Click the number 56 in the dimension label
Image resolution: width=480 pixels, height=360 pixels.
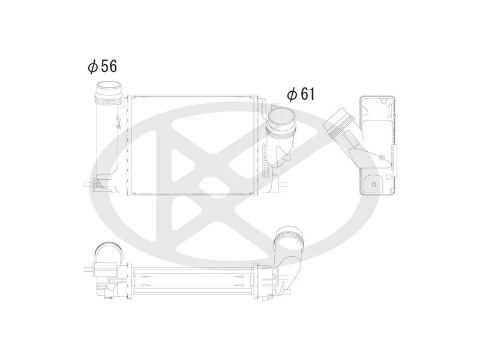tap(109, 67)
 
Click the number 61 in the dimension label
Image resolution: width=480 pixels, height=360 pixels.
tap(307, 94)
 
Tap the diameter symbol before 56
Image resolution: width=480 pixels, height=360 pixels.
tap(92, 67)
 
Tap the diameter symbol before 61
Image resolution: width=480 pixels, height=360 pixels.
tap(291, 95)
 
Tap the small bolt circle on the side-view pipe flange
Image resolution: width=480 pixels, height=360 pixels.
tap(383, 157)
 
